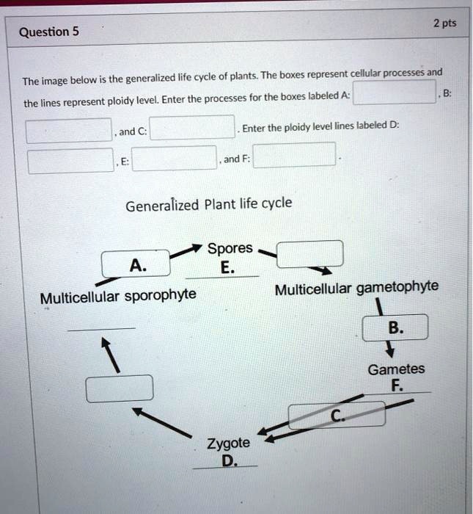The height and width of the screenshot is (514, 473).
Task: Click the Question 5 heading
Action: pos(48,32)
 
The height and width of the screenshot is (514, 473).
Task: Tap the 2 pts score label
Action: pos(444,23)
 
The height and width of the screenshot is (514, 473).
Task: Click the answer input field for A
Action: pos(395,93)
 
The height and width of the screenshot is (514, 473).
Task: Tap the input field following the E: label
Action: pos(174,159)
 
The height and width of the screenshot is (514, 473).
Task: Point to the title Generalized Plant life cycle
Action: pos(208,203)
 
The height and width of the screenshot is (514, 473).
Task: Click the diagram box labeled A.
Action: pos(136,264)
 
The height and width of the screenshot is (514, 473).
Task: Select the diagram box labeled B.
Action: pos(395,328)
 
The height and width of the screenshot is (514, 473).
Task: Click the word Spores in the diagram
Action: pos(230,248)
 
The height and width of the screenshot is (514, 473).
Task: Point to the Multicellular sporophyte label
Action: pos(118,297)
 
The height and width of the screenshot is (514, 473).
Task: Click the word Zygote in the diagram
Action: pos(228,444)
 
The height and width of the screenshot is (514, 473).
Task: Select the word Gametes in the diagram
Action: pos(396,369)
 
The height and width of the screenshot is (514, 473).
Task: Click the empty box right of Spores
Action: pos(309,253)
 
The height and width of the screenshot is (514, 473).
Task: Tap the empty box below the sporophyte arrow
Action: pos(120,388)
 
